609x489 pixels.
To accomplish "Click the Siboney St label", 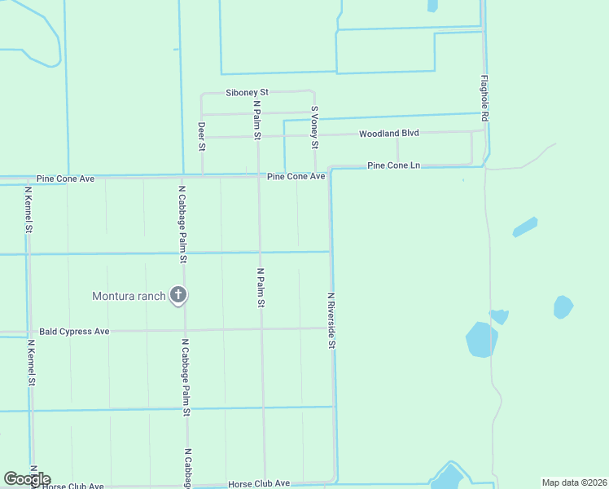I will tap(247, 94).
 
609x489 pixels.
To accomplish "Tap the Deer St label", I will tap(201, 136).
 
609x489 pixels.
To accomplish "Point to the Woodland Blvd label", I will tap(388, 133).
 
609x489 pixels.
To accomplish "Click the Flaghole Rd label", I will tap(484, 99).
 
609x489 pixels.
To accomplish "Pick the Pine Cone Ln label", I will tap(393, 165).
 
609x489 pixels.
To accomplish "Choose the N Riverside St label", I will tap(332, 320).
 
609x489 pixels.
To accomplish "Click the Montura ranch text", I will tap(129, 296).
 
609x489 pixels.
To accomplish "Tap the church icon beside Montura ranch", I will tap(178, 296).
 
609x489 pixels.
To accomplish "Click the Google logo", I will tap(27, 479).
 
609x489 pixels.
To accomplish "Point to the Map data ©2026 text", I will tap(573, 482).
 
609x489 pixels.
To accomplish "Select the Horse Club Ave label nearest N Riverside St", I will tap(259, 483).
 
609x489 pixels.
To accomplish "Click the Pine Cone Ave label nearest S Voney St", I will tap(296, 176).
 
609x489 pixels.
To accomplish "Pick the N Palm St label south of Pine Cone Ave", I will tap(261, 288).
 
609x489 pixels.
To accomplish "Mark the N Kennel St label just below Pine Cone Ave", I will tap(28, 209).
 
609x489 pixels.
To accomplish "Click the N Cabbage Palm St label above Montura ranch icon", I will tap(183, 223).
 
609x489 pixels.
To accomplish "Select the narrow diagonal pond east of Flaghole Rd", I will tap(525, 227).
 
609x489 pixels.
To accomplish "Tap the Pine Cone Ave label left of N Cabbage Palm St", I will tap(66, 178).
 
